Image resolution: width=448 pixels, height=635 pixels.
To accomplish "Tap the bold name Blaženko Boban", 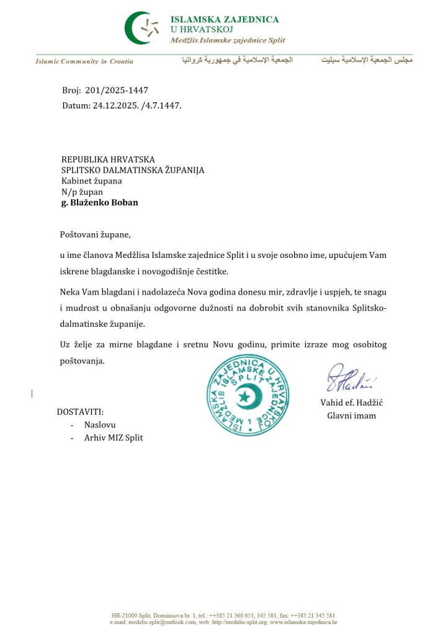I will [x=104, y=202].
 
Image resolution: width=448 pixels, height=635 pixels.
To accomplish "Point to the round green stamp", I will [x=246, y=394].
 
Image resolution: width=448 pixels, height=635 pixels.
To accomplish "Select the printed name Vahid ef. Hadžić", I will [x=352, y=402].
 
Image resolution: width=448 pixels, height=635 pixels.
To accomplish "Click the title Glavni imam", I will [x=352, y=415].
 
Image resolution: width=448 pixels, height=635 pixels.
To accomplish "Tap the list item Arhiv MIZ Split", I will [x=114, y=438].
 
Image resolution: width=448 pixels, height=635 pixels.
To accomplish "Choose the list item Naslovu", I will [x=100, y=425].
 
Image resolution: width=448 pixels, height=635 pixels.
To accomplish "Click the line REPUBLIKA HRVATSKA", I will [x=108, y=160].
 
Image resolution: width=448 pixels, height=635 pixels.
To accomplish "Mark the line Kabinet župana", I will [x=91, y=181].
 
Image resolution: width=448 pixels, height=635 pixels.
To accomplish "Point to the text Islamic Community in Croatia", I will [x=84, y=61].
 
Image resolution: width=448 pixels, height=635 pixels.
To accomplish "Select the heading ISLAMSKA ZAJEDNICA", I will [x=225, y=19].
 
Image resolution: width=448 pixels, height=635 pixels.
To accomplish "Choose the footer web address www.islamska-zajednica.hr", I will [x=302, y=621].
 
